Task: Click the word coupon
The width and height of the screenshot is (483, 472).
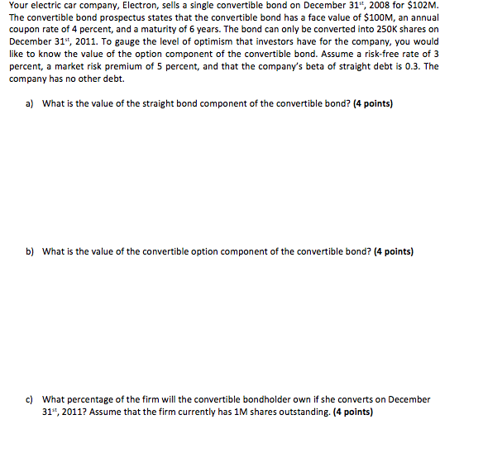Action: (x=25, y=31)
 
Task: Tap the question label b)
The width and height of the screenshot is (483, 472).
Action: (x=28, y=251)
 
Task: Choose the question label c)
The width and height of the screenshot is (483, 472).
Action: (x=28, y=399)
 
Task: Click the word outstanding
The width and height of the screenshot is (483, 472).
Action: (x=299, y=412)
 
